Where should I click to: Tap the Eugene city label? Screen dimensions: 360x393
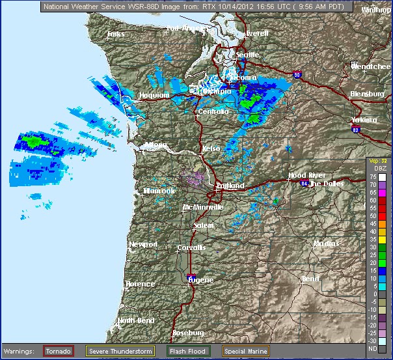point(200,279)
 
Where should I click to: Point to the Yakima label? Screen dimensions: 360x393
point(364,120)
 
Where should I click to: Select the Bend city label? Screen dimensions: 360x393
point(310,279)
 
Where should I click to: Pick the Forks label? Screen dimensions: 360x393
point(116,34)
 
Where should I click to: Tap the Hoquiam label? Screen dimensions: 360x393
point(154,96)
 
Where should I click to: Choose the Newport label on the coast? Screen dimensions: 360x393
point(143,244)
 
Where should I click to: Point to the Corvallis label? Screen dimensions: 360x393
point(191,248)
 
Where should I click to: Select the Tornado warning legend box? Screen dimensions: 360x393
point(59,351)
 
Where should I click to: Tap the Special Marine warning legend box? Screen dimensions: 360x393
point(245,351)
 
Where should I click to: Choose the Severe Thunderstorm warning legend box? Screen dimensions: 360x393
point(120,351)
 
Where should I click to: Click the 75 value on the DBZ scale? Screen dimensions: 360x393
point(373,176)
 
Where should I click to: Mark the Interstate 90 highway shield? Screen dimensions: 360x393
point(297,75)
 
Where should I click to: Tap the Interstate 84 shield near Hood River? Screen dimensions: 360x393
point(305,184)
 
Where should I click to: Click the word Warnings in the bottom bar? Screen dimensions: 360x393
point(20,351)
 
